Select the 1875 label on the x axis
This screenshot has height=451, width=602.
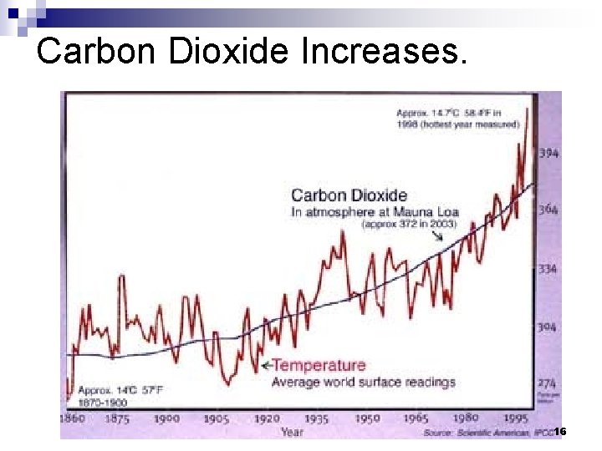[x=117, y=418]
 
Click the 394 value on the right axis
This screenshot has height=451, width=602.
[x=548, y=153]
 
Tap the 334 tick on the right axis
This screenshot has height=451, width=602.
[x=548, y=269]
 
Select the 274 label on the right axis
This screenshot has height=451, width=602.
[x=548, y=382]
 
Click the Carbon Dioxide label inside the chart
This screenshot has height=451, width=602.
[x=349, y=195]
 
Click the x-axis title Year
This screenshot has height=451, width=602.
[x=292, y=431]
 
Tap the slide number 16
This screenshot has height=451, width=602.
[x=560, y=431]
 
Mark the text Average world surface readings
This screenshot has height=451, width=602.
[x=363, y=382]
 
